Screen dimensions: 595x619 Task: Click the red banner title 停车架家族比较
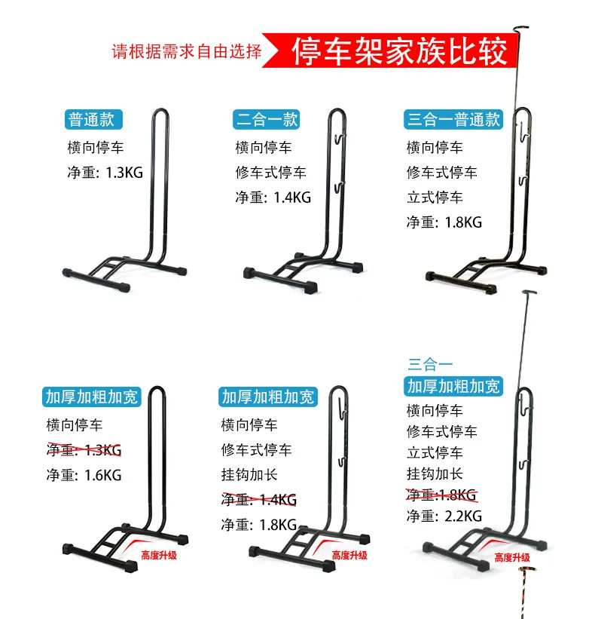tap(399, 51)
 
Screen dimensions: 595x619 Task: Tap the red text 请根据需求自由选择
tap(187, 51)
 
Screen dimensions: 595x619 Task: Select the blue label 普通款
tap(93, 119)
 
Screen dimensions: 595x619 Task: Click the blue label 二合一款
tap(266, 119)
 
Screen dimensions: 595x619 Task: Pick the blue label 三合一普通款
tap(453, 119)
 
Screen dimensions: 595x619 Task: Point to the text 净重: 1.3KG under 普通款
tap(105, 173)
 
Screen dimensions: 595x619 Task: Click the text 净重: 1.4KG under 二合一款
tap(273, 197)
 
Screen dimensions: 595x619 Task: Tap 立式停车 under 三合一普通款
tap(435, 198)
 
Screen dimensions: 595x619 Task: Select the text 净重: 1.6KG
tap(84, 475)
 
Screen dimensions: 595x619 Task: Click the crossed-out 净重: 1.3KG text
tap(84, 450)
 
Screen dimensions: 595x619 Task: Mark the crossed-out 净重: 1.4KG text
tap(258, 500)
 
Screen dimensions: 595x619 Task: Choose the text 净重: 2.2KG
tap(444, 516)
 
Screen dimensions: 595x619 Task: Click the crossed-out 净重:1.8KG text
tap(441, 495)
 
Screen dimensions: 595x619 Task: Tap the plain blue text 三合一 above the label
tap(430, 364)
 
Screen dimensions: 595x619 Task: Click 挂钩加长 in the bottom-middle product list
tap(249, 475)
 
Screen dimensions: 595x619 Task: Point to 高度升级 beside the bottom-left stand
tap(159, 556)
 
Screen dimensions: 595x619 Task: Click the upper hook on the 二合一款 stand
tap(340, 139)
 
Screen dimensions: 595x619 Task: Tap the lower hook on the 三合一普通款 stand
tap(523, 182)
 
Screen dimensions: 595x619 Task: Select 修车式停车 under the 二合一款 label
tap(270, 173)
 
